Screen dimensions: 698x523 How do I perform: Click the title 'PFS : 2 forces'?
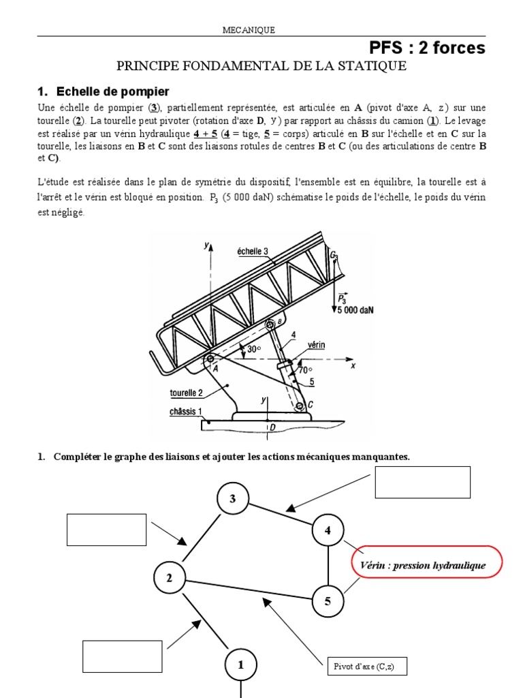click(x=427, y=48)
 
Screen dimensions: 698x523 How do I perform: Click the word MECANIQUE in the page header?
click(x=249, y=29)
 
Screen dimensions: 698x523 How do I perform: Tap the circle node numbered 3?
click(x=233, y=499)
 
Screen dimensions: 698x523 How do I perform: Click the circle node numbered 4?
click(x=328, y=530)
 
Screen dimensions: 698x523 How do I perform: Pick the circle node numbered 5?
click(x=328, y=601)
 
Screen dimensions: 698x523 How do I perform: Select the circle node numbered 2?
click(x=170, y=579)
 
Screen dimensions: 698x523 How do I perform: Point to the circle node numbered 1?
click(x=240, y=665)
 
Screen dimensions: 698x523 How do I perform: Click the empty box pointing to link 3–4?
click(x=422, y=483)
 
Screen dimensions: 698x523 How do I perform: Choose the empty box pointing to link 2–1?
click(x=123, y=656)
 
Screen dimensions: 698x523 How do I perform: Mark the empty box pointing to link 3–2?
click(x=107, y=530)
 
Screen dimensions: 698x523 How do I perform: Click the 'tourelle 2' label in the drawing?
click(x=186, y=393)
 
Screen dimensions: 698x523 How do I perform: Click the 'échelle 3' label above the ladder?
click(x=253, y=251)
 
